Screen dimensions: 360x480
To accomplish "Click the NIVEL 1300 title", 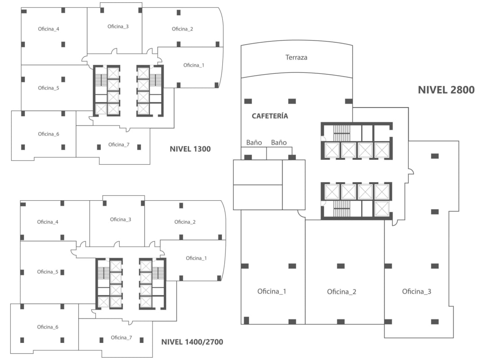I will (x=190, y=149).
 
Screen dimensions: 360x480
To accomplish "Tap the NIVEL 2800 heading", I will (x=446, y=90).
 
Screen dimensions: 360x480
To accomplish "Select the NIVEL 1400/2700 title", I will (x=192, y=342).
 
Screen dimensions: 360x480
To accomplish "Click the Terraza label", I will (x=296, y=58).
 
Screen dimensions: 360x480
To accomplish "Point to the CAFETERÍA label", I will (x=270, y=116).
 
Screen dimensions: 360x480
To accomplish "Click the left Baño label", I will (x=254, y=143).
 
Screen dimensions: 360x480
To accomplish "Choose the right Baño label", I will (x=279, y=143).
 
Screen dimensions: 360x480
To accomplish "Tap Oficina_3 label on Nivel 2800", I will (x=417, y=292).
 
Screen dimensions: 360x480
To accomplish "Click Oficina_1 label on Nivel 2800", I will (x=272, y=291).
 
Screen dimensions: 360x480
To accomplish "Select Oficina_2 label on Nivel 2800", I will (x=341, y=292).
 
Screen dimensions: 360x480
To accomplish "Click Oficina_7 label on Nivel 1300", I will (x=119, y=144).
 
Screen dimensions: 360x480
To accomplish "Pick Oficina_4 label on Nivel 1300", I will (x=49, y=29).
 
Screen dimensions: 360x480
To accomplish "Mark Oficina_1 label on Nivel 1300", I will (x=194, y=65).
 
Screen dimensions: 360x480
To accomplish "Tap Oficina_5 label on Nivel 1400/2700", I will (x=48, y=272).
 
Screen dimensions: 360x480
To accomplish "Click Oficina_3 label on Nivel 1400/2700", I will (x=121, y=220).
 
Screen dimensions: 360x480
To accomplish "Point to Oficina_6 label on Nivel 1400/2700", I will (x=48, y=327).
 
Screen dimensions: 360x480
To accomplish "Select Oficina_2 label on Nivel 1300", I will (x=182, y=29).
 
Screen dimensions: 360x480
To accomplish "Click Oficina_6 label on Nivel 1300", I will (x=49, y=134).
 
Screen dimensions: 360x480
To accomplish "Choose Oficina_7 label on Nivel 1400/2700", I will (x=121, y=337).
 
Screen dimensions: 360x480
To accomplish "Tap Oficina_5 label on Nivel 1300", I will (x=49, y=88).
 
